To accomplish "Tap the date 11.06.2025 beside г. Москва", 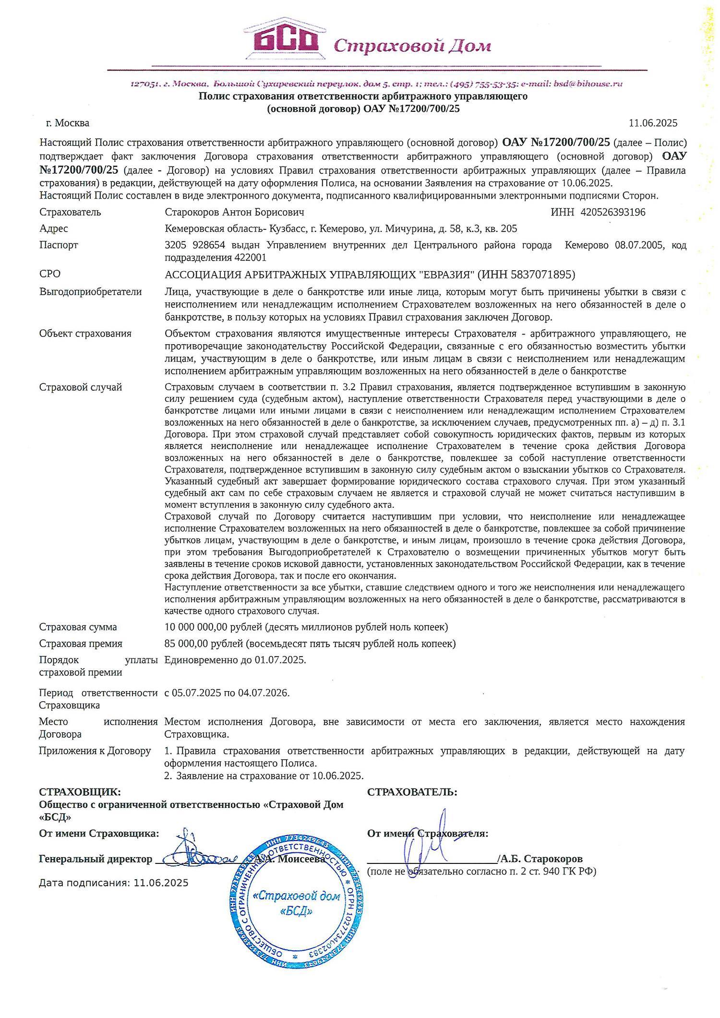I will [653, 123].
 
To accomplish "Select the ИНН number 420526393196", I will [612, 212].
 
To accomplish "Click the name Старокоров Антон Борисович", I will [234, 212].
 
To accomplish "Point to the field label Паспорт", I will [59, 245].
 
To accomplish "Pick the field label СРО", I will [50, 274].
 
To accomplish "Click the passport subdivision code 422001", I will [250, 258].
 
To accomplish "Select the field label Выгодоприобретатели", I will [90, 292].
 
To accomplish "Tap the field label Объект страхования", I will [85, 334].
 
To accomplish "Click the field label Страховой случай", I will [81, 387].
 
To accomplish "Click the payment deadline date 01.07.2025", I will [280, 660].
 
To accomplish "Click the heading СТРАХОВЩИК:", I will [80, 792].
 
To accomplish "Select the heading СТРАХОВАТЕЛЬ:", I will [412, 792].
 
